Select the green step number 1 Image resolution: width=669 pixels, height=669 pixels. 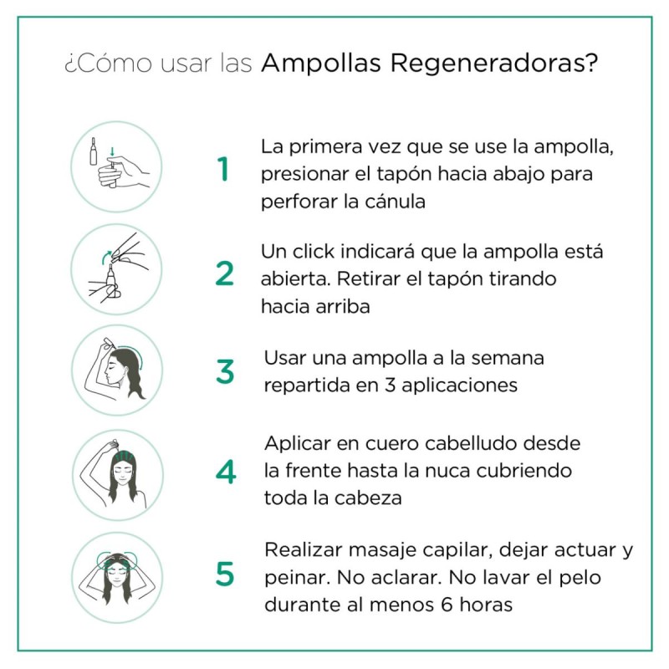pyautogui.click(x=222, y=170)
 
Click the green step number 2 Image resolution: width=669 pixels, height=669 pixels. pyautogui.click(x=224, y=273)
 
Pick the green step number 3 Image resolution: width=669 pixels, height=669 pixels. pyautogui.click(x=225, y=371)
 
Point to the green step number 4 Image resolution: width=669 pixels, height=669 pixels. pyautogui.click(x=225, y=472)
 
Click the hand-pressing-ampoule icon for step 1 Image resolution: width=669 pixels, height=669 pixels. pyautogui.click(x=116, y=166)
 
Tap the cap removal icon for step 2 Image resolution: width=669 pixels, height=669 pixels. pyautogui.click(x=116, y=268)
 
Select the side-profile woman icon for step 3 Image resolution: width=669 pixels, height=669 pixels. pyautogui.click(x=116, y=370)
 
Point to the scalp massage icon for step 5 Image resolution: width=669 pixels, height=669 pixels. pyautogui.click(x=116, y=576)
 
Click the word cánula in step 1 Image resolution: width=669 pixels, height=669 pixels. pyautogui.click(x=394, y=201)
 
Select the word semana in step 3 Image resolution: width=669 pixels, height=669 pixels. pyautogui.click(x=506, y=358)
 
